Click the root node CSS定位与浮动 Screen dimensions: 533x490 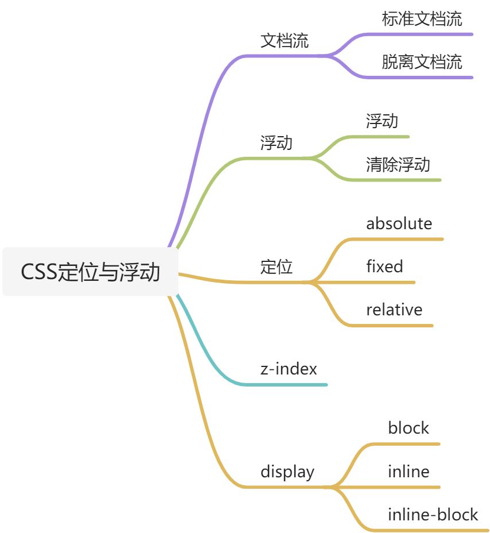(90, 272)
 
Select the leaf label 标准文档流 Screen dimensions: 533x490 (422, 19)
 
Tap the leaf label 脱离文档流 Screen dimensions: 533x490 (422, 62)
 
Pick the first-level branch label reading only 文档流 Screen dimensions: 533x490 (285, 41)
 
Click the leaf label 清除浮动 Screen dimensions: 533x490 (398, 165)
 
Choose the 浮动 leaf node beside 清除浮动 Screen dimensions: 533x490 (382, 121)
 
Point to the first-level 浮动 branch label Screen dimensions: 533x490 (277, 143)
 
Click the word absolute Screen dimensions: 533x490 (399, 223)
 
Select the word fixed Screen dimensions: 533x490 (384, 266)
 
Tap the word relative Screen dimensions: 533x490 (394, 310)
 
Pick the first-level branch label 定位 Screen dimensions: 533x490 (277, 267)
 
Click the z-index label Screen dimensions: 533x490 (289, 369)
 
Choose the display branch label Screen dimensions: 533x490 (287, 472)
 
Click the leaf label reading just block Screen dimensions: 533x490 (408, 428)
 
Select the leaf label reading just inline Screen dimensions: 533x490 (408, 472)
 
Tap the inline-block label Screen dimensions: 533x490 (433, 515)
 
